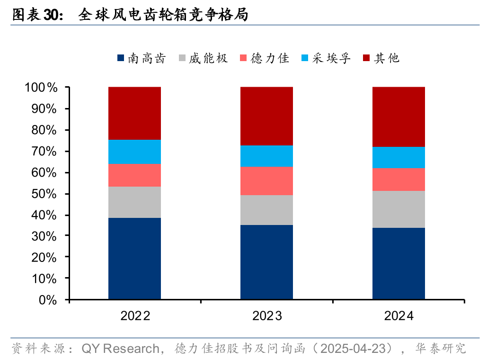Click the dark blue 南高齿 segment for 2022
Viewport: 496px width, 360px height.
coord(134,259)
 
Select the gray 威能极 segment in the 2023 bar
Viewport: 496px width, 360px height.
coord(266,210)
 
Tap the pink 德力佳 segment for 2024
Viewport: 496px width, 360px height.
coord(399,180)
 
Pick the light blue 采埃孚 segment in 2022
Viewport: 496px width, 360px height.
coord(134,152)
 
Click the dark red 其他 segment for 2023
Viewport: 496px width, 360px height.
coord(266,116)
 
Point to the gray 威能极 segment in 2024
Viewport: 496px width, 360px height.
coord(399,209)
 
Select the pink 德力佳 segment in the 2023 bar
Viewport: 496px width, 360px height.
coord(266,180)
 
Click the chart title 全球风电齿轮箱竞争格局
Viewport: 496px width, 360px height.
coord(163,15)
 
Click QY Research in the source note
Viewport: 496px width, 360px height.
coord(120,349)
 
